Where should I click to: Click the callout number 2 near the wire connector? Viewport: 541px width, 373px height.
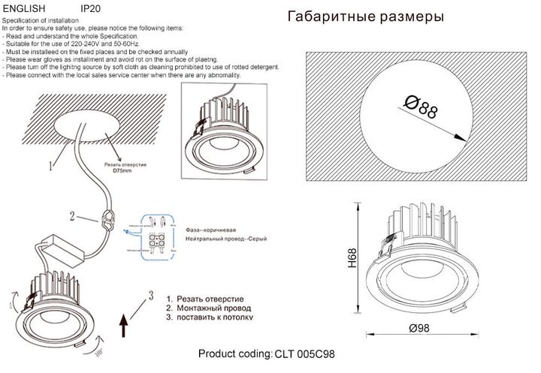[72, 218]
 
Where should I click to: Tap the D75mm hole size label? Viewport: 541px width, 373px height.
[122, 170]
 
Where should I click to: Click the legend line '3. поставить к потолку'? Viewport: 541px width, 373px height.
[210, 317]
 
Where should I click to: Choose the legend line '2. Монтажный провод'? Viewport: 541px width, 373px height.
[208, 308]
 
